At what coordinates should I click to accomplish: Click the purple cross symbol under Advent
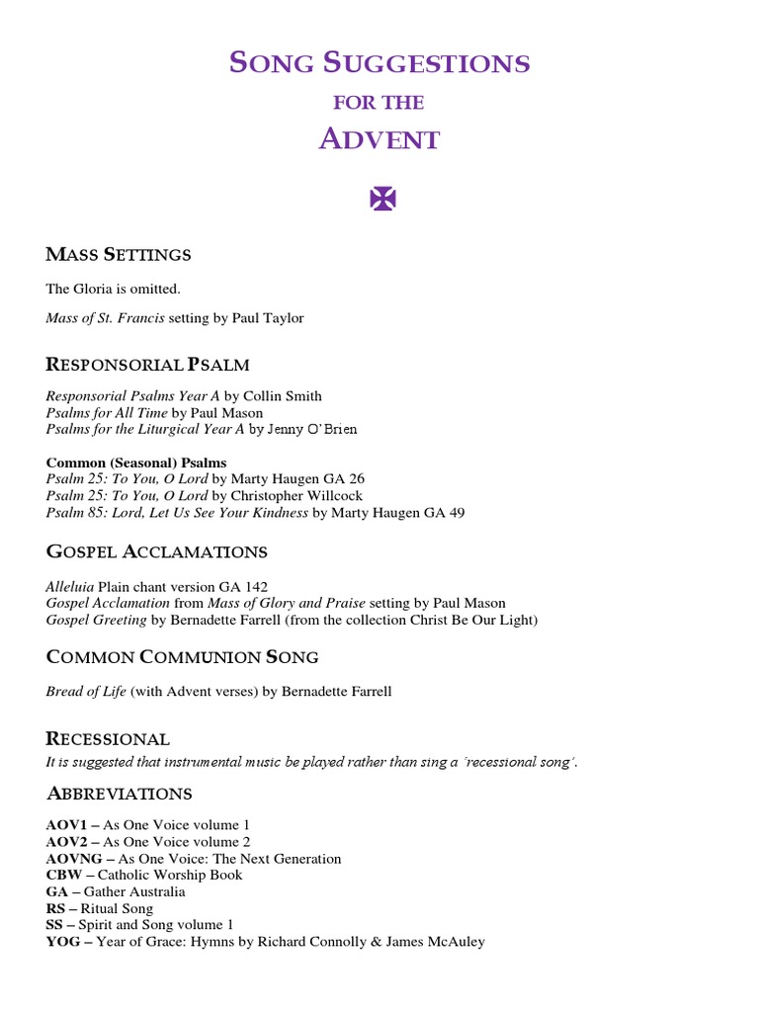coord(381,199)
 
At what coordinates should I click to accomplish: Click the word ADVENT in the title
coord(379,140)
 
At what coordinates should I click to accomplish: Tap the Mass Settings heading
coord(119,255)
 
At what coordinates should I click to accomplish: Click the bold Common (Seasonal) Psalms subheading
coord(136,463)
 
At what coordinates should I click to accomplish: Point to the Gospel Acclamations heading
coord(156,551)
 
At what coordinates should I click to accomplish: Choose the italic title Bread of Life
coord(86,692)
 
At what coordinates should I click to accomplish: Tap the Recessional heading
coord(108,739)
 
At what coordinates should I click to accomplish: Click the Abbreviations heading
coord(119,795)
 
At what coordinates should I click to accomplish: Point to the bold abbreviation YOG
coord(61,942)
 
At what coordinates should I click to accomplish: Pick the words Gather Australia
coord(140,891)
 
